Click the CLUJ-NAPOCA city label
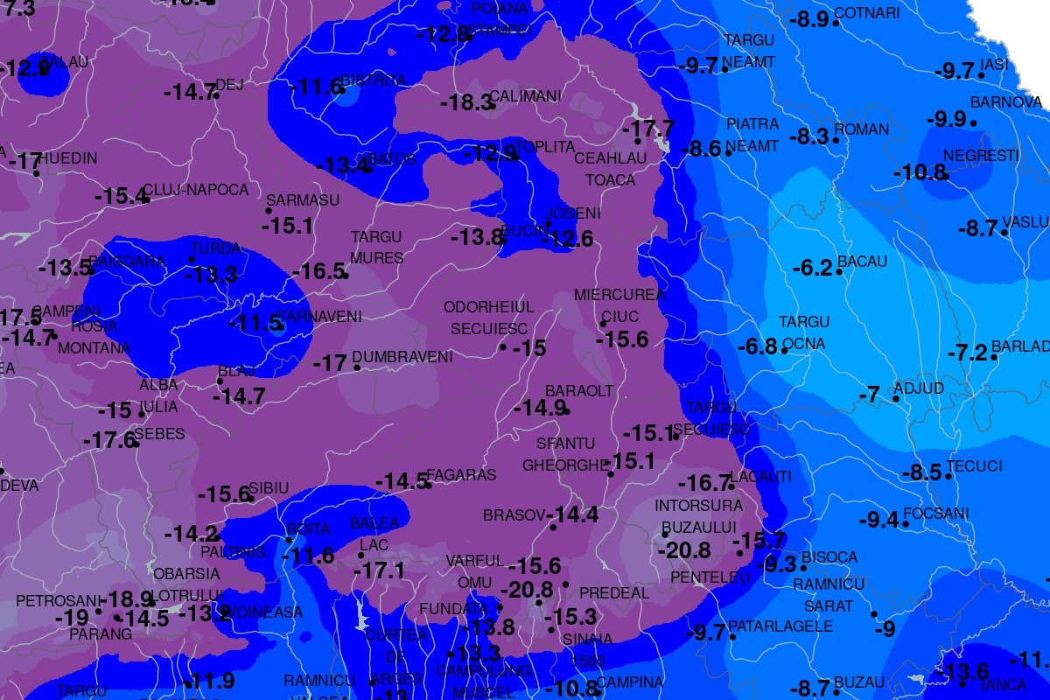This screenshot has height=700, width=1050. [x=196, y=190]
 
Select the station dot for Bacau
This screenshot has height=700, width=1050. [x=839, y=271]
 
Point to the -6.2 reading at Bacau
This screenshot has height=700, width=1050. [x=811, y=268]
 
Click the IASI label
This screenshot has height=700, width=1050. [x=995, y=66]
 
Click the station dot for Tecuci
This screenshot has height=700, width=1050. [x=948, y=476]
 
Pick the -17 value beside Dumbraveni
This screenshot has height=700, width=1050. [x=331, y=362]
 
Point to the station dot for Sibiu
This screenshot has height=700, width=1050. [x=250, y=498]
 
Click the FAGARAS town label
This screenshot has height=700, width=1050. [x=464, y=475]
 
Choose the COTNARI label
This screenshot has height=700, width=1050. [x=867, y=13]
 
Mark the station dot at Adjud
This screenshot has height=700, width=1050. [x=897, y=399]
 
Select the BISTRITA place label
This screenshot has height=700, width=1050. [x=374, y=80]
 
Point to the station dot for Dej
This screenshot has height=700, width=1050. [x=216, y=94]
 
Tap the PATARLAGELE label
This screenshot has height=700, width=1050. [x=780, y=626]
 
